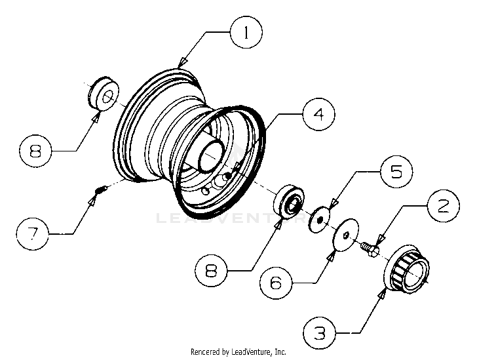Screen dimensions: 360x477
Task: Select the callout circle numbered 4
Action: (318, 114)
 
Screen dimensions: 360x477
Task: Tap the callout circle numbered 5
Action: (397, 172)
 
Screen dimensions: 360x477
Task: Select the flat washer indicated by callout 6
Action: (345, 234)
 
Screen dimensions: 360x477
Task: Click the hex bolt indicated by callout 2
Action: (369, 248)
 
